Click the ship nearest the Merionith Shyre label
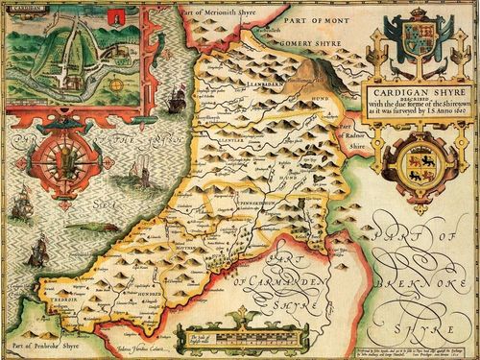pos(176,98)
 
